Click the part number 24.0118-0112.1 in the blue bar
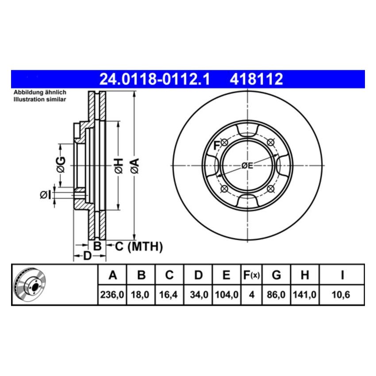coord(154,80)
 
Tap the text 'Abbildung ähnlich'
coord(40,92)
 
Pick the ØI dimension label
coord(46,195)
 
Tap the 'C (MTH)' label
coord(139,246)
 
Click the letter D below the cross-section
coord(87,256)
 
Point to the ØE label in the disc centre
coord(247,165)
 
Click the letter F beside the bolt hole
coord(217,144)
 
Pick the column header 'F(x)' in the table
coord(251,275)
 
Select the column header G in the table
coord(276,275)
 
